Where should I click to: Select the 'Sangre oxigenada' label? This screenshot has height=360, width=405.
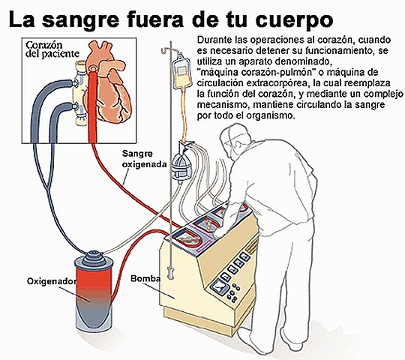coord(144,160)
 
